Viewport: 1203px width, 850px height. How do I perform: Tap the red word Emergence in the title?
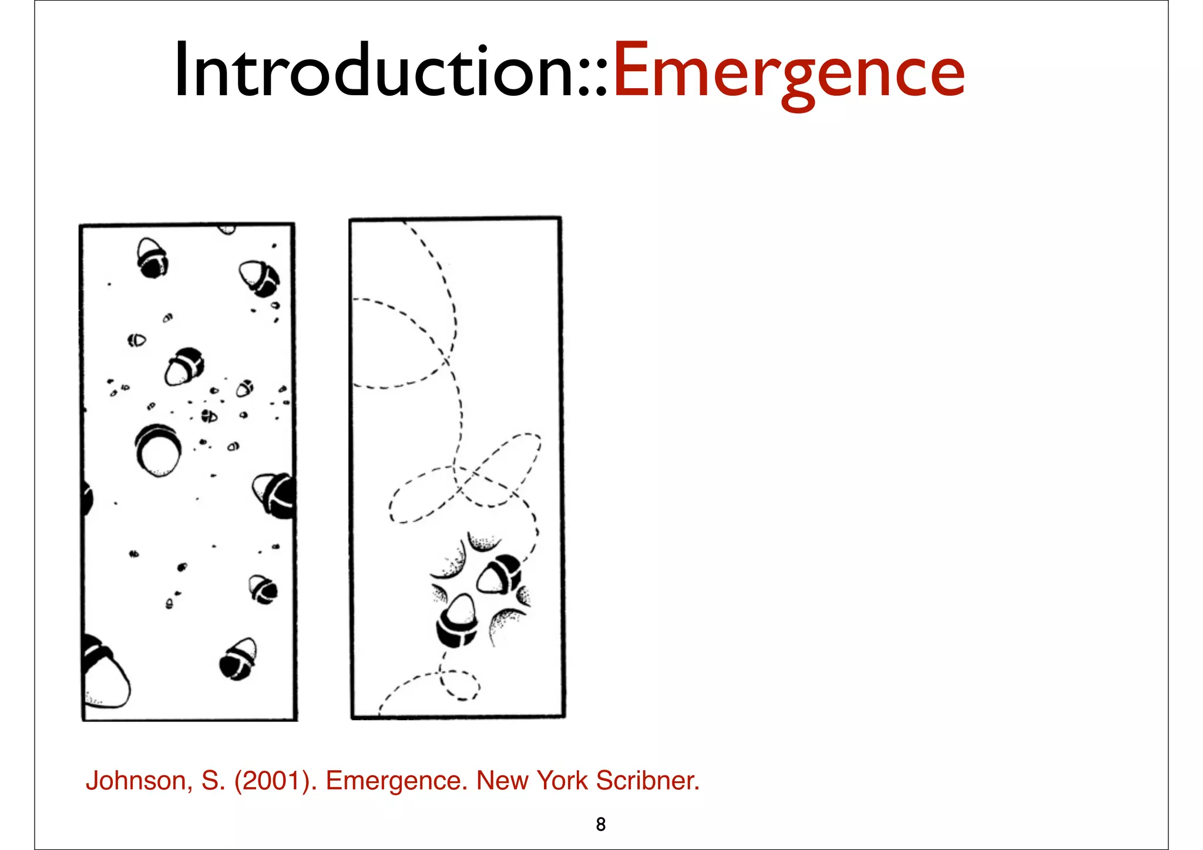(788, 72)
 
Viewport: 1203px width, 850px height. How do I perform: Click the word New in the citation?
(502, 781)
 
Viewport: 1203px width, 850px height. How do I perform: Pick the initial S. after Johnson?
(213, 781)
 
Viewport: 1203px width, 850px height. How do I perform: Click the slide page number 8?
(600, 825)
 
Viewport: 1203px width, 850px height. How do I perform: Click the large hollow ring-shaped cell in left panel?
(157, 451)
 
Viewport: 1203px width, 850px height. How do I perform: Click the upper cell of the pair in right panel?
(499, 574)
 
